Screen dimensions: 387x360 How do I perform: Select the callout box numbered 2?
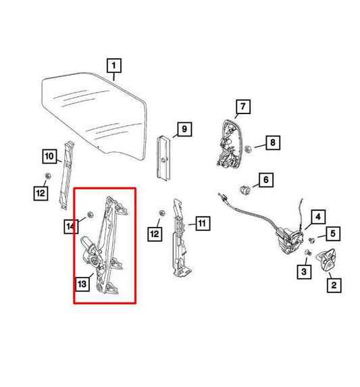point(333,286)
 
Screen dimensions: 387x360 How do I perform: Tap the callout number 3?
point(304,271)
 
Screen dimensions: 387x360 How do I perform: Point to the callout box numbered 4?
point(317,217)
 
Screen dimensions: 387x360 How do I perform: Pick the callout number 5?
point(332,234)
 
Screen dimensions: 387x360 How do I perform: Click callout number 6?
point(265,180)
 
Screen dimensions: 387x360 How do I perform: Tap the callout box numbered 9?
point(183,128)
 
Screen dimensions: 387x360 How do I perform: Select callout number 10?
point(49,157)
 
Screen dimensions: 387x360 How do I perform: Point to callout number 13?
point(82,284)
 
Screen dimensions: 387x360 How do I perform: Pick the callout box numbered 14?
point(71,227)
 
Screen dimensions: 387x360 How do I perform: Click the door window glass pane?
point(95,111)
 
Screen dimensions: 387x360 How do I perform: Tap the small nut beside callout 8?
point(248,148)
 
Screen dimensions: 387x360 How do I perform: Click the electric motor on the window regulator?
point(91,250)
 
